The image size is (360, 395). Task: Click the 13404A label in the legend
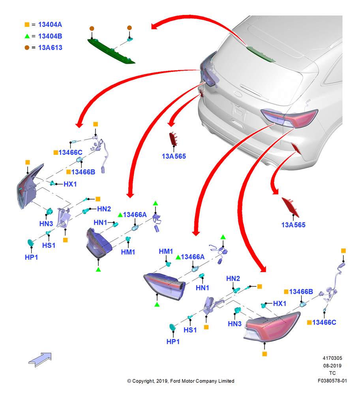coord(50,24)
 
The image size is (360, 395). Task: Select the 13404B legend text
coord(50,36)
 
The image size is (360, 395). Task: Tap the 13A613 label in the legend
coord(50,48)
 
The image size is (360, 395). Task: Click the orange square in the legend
coord(27,24)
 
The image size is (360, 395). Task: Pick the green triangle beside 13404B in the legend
coord(27,36)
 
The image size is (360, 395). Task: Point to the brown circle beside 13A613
coord(27,48)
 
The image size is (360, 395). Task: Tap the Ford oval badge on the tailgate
coord(238,94)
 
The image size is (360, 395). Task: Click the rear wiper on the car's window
coord(251,90)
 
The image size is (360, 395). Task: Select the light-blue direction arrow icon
coord(40,359)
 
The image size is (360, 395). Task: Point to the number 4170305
coord(332,358)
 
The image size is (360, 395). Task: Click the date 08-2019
coord(332,365)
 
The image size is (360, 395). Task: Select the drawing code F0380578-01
coord(332,381)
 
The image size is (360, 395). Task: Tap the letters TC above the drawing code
coord(332,373)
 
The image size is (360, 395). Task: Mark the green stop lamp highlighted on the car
coord(261,54)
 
